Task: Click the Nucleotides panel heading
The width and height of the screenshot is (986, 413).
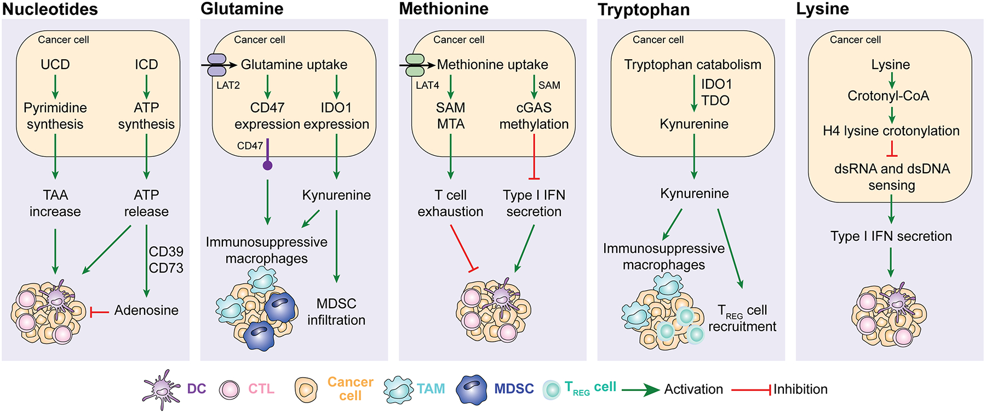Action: tap(50, 9)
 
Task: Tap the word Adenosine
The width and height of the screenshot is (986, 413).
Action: tap(146, 310)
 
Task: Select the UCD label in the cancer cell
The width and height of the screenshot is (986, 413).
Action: tap(55, 64)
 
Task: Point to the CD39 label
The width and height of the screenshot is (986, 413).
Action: tap(166, 252)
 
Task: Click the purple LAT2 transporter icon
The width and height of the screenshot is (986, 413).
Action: tap(216, 65)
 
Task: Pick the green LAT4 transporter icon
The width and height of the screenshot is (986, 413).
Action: tap(415, 65)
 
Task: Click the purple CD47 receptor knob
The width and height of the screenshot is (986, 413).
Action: tap(267, 165)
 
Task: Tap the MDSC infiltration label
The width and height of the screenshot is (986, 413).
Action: tap(336, 312)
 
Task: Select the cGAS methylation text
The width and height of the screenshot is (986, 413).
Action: tap(534, 116)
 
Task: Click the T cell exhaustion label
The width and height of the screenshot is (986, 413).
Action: tap(450, 203)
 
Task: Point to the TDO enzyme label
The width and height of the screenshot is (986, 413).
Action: tap(715, 100)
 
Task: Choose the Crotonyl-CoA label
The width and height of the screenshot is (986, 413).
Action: tap(888, 96)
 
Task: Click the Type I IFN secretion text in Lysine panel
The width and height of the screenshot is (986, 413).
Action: tap(891, 236)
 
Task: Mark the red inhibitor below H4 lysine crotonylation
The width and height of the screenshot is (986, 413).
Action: tap(892, 149)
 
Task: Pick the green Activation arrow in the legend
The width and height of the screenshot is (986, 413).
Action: tap(640, 390)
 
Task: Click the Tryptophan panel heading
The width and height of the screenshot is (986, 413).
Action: tap(644, 10)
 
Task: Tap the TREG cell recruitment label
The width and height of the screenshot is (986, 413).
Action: tap(742, 319)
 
